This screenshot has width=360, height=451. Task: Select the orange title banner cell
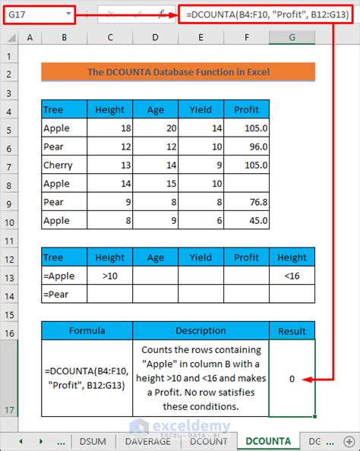click(x=178, y=72)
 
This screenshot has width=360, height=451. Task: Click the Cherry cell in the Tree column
click(x=64, y=165)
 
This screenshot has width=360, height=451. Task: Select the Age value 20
click(x=155, y=128)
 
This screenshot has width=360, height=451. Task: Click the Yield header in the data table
click(x=201, y=110)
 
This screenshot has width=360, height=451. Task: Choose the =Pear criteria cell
click(x=64, y=293)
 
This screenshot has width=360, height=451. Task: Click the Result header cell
click(x=292, y=330)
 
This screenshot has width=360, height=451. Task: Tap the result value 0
click(x=292, y=377)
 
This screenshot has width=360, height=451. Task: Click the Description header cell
click(x=201, y=330)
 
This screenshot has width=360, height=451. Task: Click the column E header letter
click(x=201, y=38)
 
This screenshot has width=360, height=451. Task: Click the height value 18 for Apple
click(x=110, y=128)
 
